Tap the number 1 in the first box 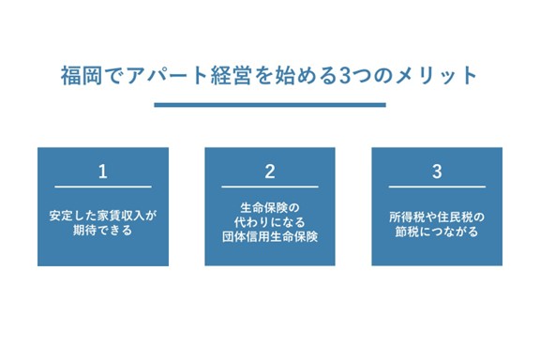pyautogui.click(x=103, y=172)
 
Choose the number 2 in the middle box pyautogui.click(x=270, y=172)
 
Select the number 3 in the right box pyautogui.click(x=437, y=172)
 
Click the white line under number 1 pyautogui.click(x=103, y=187)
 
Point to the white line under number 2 pyautogui.click(x=270, y=187)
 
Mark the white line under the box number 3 pyautogui.click(x=437, y=187)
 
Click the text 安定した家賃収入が pyautogui.click(x=103, y=215)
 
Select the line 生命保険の pyautogui.click(x=270, y=207)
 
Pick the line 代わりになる pyautogui.click(x=270, y=222)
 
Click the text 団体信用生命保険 pyautogui.click(x=270, y=237)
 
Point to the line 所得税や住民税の pyautogui.click(x=437, y=215)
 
